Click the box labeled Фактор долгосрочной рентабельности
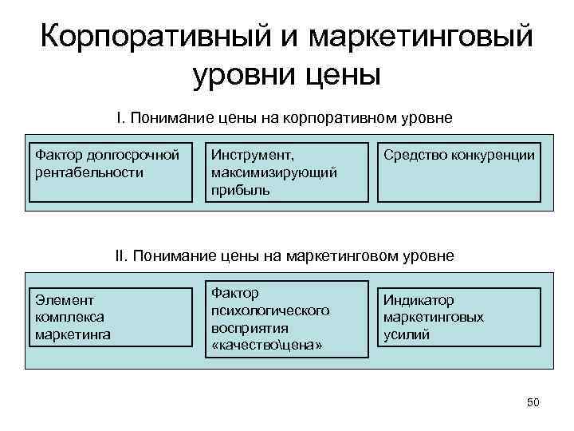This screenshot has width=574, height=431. [109, 172]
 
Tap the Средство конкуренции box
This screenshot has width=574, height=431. [458, 172]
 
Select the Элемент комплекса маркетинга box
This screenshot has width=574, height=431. [109, 318]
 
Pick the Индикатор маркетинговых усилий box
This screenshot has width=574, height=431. [458, 318]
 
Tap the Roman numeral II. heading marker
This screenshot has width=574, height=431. [122, 256]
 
